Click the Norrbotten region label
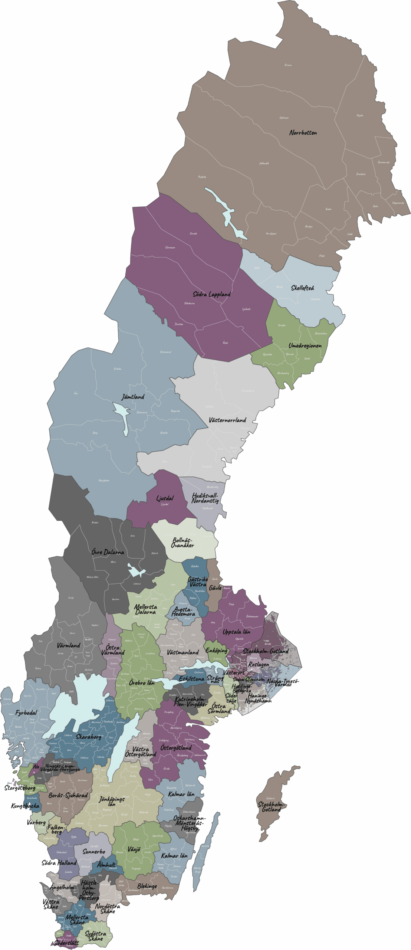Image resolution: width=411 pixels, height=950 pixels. (303, 132)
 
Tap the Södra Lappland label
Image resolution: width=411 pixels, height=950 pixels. (211, 294)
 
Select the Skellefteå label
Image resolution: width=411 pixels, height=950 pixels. (303, 288)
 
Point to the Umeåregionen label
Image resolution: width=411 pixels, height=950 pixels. (305, 345)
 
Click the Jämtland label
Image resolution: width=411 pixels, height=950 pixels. (133, 397)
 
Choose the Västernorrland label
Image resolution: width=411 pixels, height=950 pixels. (227, 420)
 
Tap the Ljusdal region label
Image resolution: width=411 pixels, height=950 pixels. (165, 498)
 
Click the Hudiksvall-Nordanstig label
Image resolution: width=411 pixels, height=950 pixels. (205, 498)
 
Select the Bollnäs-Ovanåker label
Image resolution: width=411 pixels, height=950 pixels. (183, 542)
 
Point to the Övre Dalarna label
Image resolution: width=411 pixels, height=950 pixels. (108, 552)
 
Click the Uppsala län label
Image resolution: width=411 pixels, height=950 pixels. (236, 632)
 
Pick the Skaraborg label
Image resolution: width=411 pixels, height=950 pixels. (88, 736)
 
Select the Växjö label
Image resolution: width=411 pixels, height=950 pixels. (134, 849)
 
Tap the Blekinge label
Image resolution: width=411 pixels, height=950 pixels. (147, 886)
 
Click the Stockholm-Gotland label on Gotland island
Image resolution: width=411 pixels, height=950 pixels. (271, 807)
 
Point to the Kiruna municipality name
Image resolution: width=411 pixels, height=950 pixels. (288, 65)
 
